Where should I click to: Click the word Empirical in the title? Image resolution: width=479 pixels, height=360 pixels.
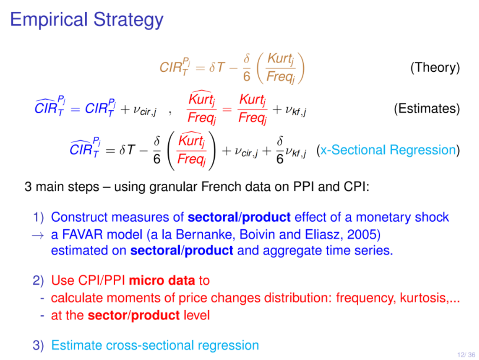tap(49, 19)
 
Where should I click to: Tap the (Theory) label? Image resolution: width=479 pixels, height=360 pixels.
tap(435, 67)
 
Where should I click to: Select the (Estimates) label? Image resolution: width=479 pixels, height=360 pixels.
tap(427, 109)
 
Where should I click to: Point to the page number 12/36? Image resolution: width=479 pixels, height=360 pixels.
tap(466, 355)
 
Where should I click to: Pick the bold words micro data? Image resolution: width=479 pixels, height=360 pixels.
tap(162, 280)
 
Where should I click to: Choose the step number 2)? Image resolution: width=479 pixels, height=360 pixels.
tap(38, 280)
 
